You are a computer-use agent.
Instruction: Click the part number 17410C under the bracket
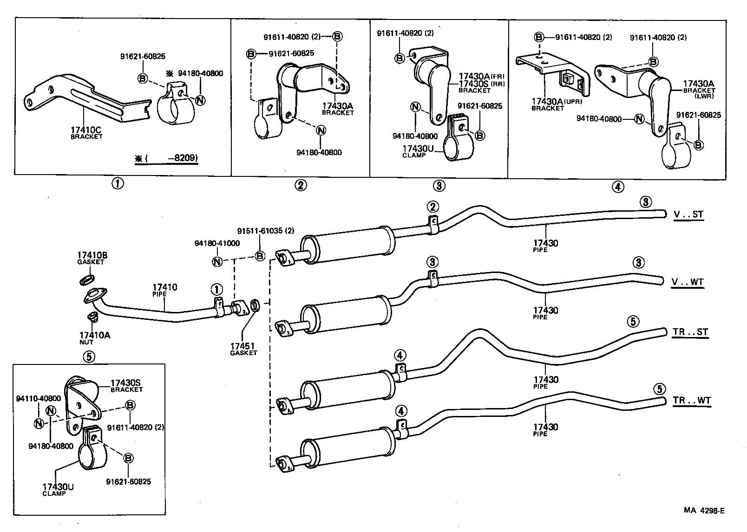[86, 130]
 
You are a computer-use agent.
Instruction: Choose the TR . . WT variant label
[691, 400]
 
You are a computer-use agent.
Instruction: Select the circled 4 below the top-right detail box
[617, 187]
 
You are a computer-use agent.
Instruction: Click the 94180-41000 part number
[217, 243]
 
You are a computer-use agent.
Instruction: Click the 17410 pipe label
[165, 287]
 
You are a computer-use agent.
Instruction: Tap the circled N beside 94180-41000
[217, 261]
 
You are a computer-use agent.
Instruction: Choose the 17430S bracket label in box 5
[125, 383]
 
